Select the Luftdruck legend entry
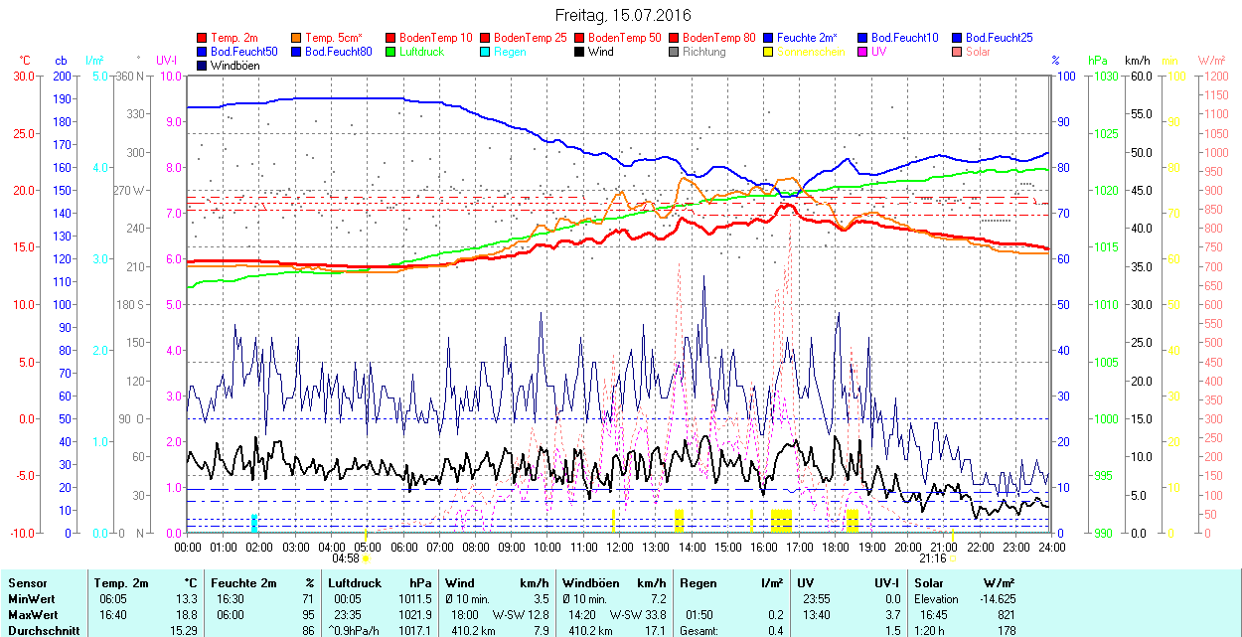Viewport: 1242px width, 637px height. click(x=420, y=52)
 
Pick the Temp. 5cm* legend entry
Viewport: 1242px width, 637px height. click(x=333, y=38)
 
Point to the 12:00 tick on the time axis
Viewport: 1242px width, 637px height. click(x=620, y=546)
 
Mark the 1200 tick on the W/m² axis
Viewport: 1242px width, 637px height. click(x=1215, y=76)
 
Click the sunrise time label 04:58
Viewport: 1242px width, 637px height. click(x=345, y=558)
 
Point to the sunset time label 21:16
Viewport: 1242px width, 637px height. click(x=933, y=558)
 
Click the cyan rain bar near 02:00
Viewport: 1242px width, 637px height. click(x=255, y=523)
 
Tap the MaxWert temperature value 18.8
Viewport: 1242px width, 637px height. click(x=187, y=615)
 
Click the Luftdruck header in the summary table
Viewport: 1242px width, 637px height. click(x=355, y=583)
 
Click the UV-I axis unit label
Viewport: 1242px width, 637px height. click(x=166, y=61)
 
